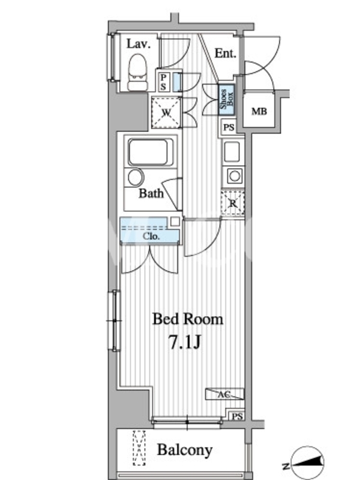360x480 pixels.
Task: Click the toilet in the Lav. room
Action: pos(137,73)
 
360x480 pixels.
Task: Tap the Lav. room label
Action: pos(139,44)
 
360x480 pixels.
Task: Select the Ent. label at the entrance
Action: pos(226,53)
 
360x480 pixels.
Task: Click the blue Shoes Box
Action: pos(227,99)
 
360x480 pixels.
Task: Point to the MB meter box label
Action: pos(259,112)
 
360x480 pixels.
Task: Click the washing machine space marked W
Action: pos(166,112)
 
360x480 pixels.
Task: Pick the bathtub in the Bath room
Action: pos(148,152)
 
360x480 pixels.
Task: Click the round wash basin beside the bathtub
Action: pos(136,177)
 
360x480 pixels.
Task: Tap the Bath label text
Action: pos(151,193)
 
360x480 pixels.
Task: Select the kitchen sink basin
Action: pos(232,152)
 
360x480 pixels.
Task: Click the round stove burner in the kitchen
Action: pos(235,176)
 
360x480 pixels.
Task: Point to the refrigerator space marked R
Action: pos(233,203)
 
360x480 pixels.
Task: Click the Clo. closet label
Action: pos(151,236)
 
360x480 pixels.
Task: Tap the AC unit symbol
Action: pos(224,394)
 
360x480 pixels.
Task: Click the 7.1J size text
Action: pos(185,342)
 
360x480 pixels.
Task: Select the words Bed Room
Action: pos(188,319)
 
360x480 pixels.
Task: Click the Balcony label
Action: pos(185,450)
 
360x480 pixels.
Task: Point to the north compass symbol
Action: pos(307,461)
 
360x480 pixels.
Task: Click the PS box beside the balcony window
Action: pos(237,416)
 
